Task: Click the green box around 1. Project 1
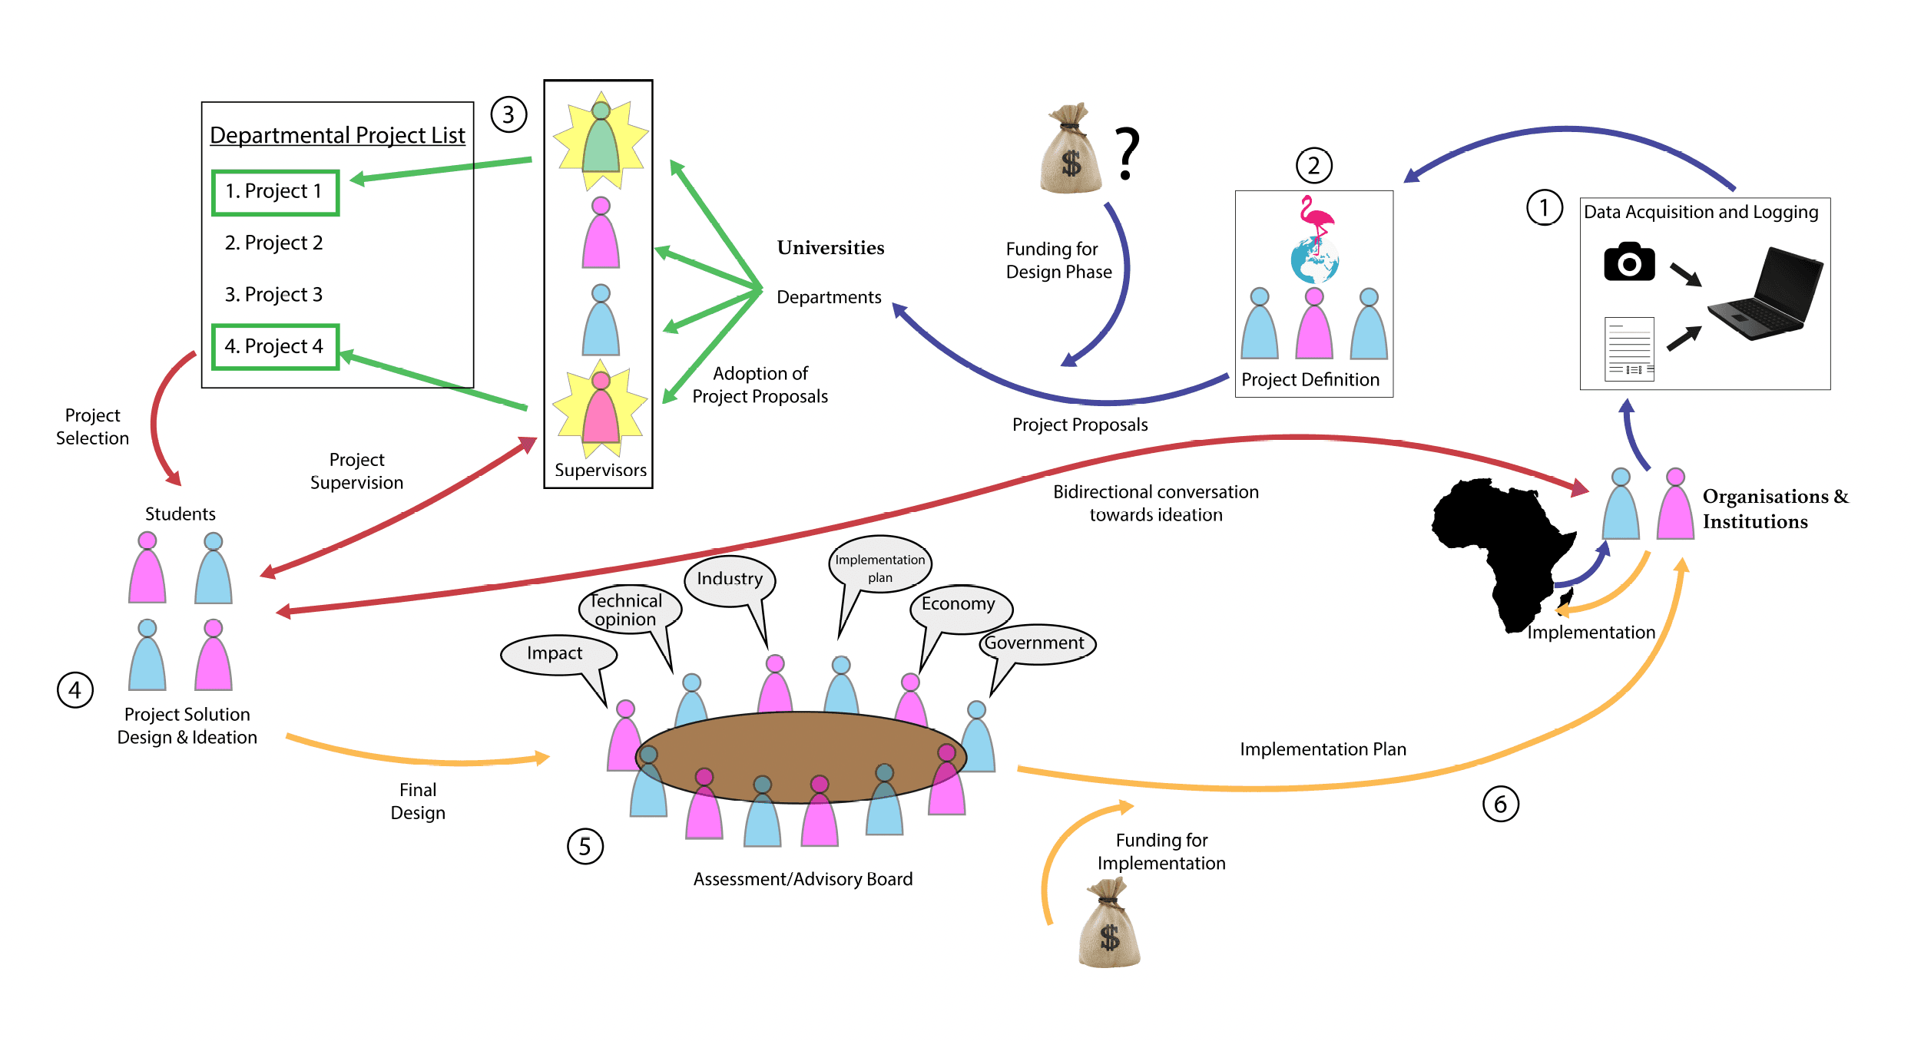(x=275, y=192)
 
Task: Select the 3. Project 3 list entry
(x=273, y=295)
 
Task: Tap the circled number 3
(x=508, y=115)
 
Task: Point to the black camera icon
(x=1629, y=263)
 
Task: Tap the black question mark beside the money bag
(x=1127, y=154)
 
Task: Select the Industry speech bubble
(x=730, y=580)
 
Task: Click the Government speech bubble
(x=1036, y=643)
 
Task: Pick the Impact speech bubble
(x=557, y=654)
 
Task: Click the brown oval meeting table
(x=800, y=757)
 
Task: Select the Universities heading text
(x=830, y=248)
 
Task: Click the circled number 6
(x=1500, y=805)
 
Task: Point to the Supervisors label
(x=601, y=471)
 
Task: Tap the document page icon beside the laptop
(x=1629, y=349)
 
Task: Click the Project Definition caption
(x=1310, y=380)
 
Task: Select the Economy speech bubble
(x=960, y=606)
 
